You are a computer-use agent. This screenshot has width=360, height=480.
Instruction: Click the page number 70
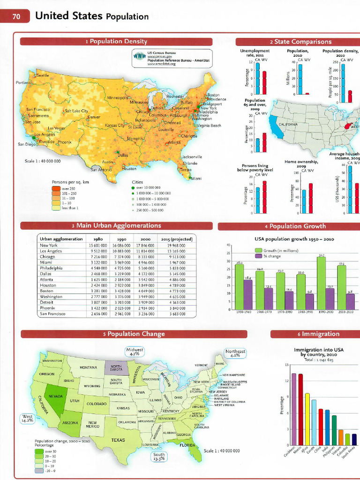click(16, 17)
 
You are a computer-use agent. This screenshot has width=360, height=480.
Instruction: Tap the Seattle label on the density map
click(42, 75)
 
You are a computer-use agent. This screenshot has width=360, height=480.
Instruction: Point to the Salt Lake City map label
click(76, 111)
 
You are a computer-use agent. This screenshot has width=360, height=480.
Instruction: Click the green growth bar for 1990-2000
click(322, 283)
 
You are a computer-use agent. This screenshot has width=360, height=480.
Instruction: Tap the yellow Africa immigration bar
click(307, 419)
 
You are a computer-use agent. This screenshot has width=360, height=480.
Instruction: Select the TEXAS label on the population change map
click(118, 440)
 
